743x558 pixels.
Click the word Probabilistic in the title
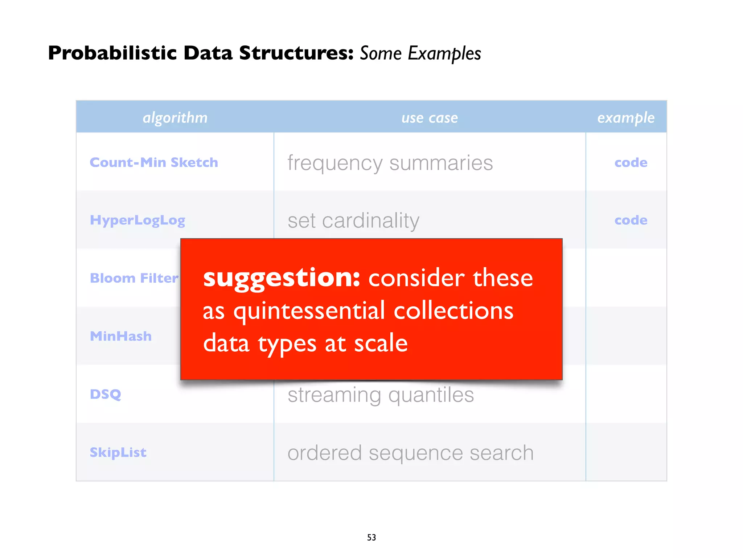tap(112, 53)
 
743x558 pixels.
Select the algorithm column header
tap(175, 117)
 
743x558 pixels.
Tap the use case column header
tap(430, 118)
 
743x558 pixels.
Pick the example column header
tap(626, 118)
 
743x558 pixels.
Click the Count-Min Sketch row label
tap(154, 162)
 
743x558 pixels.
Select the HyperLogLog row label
tap(137, 220)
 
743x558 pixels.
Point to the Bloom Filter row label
tap(134, 278)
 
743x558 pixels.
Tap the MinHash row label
tap(121, 336)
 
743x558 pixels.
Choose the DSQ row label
tap(106, 394)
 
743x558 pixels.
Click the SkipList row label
tap(118, 452)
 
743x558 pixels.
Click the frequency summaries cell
tap(390, 163)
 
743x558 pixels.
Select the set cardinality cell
tap(353, 221)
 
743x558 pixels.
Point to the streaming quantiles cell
tap(381, 395)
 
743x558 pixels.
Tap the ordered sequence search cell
tap(410, 453)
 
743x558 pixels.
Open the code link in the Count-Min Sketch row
tap(631, 162)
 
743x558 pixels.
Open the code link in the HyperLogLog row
tap(631, 220)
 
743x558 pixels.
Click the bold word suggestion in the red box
tap(282, 278)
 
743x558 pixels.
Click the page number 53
tap(371, 537)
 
